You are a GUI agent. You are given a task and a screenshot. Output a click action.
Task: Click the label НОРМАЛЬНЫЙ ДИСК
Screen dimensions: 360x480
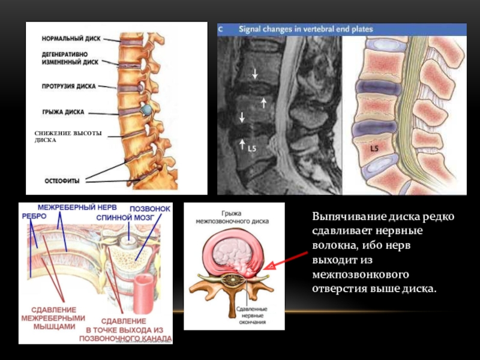(x=70, y=38)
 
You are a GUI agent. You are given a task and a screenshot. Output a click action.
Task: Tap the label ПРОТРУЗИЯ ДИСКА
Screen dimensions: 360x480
(x=68, y=86)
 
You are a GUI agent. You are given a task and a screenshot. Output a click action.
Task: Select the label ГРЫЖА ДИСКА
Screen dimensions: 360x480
(x=64, y=111)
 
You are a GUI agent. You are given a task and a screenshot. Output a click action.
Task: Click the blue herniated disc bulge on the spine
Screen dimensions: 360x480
(x=147, y=110)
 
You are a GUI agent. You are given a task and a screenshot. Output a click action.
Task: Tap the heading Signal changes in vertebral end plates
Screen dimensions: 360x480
(x=306, y=29)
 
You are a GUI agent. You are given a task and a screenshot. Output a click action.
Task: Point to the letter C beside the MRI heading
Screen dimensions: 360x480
(x=221, y=29)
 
